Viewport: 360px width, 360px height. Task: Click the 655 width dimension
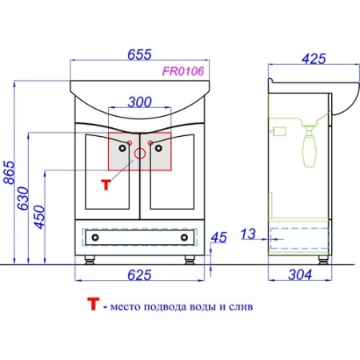[x=139, y=54]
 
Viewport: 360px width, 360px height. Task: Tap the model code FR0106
[x=183, y=71]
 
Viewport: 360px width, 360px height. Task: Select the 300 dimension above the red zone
[x=140, y=102]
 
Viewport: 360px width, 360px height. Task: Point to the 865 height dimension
[x=10, y=172]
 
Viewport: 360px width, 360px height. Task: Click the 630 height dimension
[x=22, y=198]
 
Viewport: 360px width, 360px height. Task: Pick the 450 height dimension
[x=40, y=217]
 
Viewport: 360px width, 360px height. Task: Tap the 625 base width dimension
[x=139, y=275]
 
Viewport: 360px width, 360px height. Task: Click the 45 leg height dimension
[x=219, y=238]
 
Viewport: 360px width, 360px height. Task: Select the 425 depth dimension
[x=314, y=58]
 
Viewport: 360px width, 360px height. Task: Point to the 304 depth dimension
[x=300, y=274]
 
